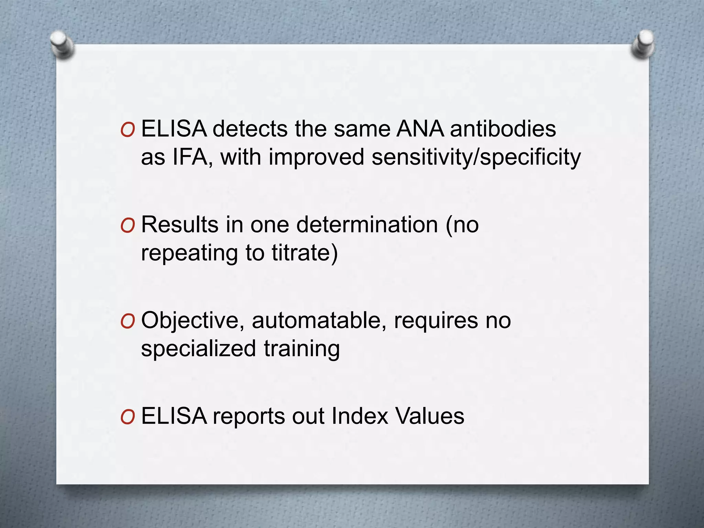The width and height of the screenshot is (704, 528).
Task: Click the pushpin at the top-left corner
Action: tap(62, 44)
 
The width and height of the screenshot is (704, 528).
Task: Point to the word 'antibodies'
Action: tap(503, 129)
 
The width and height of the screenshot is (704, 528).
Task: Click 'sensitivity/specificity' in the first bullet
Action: tap(476, 157)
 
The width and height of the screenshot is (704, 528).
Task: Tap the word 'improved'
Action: tap(316, 157)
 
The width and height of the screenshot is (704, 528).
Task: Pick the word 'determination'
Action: tap(367, 225)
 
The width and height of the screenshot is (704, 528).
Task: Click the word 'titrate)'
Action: tap(305, 253)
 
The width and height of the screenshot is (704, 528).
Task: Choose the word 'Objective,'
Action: tap(192, 320)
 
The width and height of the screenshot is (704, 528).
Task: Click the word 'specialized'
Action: tap(198, 349)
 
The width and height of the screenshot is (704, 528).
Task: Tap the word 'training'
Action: tap(302, 349)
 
